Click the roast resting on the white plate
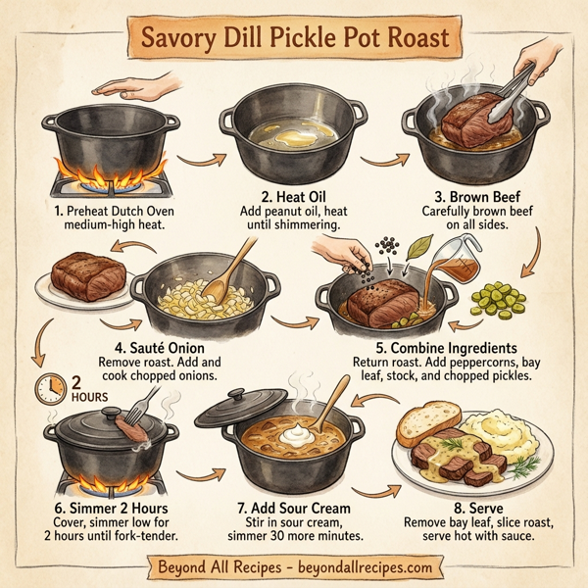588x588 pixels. point(90,274)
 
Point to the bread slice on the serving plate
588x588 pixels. point(430,427)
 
